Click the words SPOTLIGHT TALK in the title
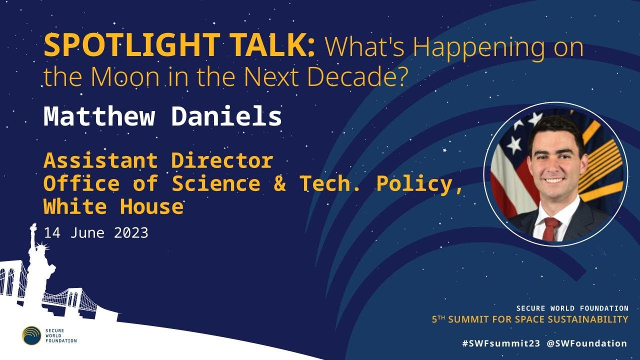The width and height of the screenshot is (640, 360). [179, 46]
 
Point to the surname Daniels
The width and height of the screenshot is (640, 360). [226, 116]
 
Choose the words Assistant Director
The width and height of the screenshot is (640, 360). [158, 160]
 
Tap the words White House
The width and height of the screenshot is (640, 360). [113, 206]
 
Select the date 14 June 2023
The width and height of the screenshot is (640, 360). [95, 233]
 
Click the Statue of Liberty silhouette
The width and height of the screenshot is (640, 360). [35, 265]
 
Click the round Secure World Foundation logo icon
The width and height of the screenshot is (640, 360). [31, 335]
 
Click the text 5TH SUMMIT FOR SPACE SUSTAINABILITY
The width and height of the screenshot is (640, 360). [530, 319]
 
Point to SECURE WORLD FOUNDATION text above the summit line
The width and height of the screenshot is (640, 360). [572, 308]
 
